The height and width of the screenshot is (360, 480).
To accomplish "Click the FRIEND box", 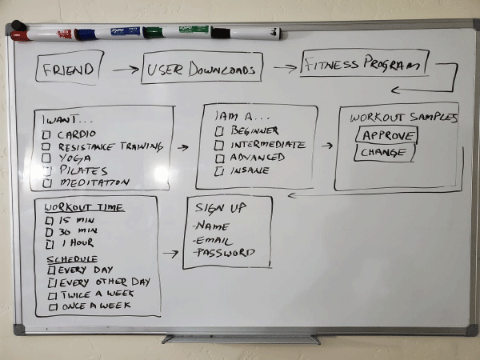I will (70, 69).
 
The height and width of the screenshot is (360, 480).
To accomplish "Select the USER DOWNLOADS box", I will (202, 70).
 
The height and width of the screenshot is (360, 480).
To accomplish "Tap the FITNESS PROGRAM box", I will (365, 64).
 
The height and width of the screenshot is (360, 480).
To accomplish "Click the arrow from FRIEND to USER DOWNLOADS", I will (125, 70).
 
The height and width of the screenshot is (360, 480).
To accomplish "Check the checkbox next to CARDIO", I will (47, 134).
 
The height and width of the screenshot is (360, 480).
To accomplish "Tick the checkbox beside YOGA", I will (47, 158).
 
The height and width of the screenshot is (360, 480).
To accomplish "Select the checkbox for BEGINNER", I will (218, 131).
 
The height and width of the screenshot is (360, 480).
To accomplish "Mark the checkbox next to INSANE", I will (218, 170).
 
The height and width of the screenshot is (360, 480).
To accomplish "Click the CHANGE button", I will (384, 153).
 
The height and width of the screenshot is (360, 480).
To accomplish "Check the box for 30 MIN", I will (50, 231).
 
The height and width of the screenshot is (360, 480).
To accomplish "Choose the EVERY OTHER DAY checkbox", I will (52, 282).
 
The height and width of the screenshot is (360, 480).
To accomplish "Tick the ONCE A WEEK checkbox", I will (53, 306).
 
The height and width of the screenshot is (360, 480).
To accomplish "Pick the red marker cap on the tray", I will (20, 36).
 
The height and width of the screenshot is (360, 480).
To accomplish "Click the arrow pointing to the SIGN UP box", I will (170, 254).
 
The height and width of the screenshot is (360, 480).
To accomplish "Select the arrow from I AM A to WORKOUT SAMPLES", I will (327, 146).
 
